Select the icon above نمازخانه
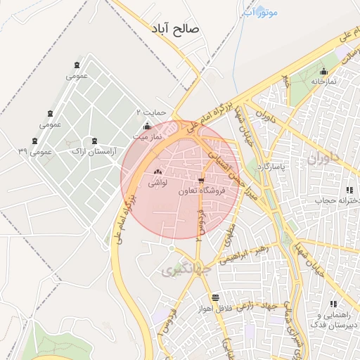point(323,71)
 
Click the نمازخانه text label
point(324,82)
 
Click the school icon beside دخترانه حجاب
point(349,191)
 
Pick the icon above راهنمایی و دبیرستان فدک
point(333,304)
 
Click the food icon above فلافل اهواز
point(214,297)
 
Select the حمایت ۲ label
point(150,112)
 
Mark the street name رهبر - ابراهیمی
point(243,254)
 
